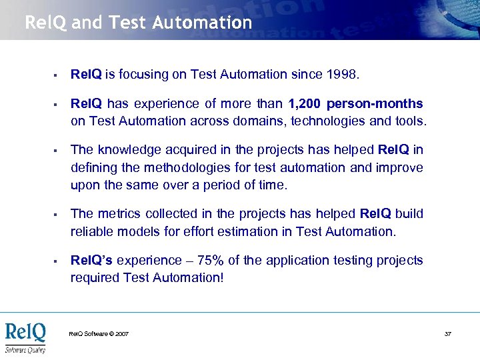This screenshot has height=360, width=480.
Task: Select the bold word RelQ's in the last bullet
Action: pos(91,261)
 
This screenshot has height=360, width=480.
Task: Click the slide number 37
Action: pos(448,333)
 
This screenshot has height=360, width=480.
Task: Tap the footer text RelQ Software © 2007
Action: pos(99,333)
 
